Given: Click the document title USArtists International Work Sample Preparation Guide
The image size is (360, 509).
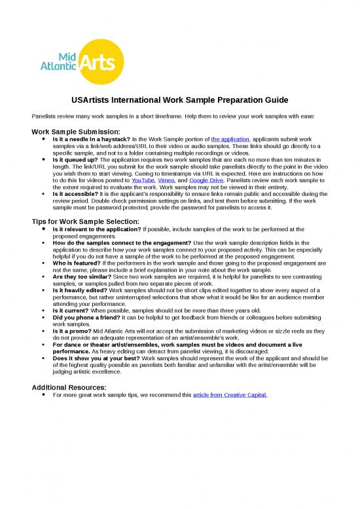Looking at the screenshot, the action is tap(179, 100).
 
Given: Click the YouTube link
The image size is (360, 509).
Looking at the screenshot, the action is tap(143, 179).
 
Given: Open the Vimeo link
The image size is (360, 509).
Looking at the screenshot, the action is tap(166, 179).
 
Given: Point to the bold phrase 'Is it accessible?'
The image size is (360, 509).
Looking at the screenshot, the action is tap(76, 195).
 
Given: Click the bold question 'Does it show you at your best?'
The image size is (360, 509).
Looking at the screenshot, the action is tap(97, 358).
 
